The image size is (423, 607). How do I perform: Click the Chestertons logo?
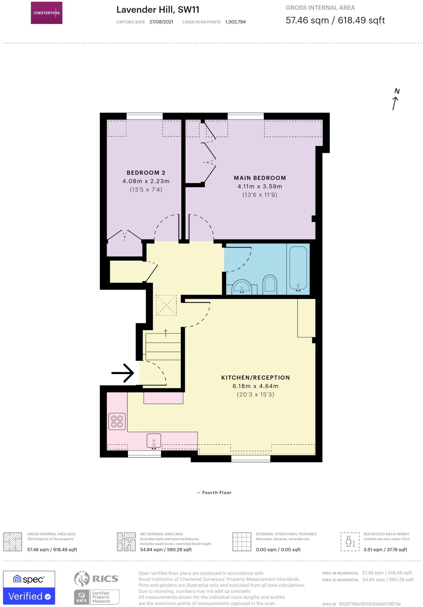[x=47, y=13]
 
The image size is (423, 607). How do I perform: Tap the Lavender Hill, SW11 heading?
[x=158, y=10]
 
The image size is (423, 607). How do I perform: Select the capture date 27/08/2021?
[x=161, y=22]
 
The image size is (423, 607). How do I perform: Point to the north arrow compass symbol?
[x=395, y=100]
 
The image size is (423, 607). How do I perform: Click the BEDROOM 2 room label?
[x=146, y=173]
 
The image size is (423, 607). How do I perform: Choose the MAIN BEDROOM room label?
[x=260, y=178]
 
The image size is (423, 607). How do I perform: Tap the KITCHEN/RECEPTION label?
[x=255, y=378]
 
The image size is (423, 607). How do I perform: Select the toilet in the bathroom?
[x=270, y=285]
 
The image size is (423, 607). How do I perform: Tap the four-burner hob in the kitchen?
[x=117, y=421]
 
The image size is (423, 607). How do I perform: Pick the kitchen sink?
[x=154, y=441]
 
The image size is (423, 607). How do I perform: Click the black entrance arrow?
[x=123, y=373]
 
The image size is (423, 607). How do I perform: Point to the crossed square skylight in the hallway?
[x=166, y=305]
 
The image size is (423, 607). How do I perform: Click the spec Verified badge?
[x=29, y=587]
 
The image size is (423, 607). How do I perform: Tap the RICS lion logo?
[x=82, y=579]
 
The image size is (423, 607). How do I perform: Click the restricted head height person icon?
[x=350, y=542]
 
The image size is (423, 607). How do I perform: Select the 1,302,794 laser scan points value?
[x=235, y=22]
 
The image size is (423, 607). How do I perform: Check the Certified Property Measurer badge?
[x=97, y=597]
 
